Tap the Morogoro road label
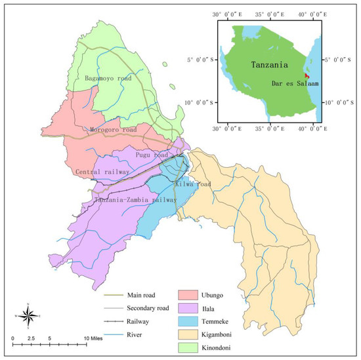[x=113, y=130]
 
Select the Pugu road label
[x=152, y=155]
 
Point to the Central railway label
[x=101, y=172]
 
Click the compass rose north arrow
[x=28, y=316]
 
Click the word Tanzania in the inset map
[x=272, y=64]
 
